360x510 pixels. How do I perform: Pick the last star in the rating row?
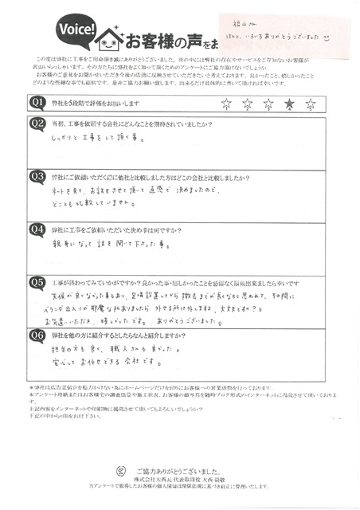[x=311, y=104]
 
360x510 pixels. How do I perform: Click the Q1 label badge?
[x=38, y=103]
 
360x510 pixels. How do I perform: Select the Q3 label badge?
[x=38, y=175]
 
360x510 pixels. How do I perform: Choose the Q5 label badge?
[x=38, y=280]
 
